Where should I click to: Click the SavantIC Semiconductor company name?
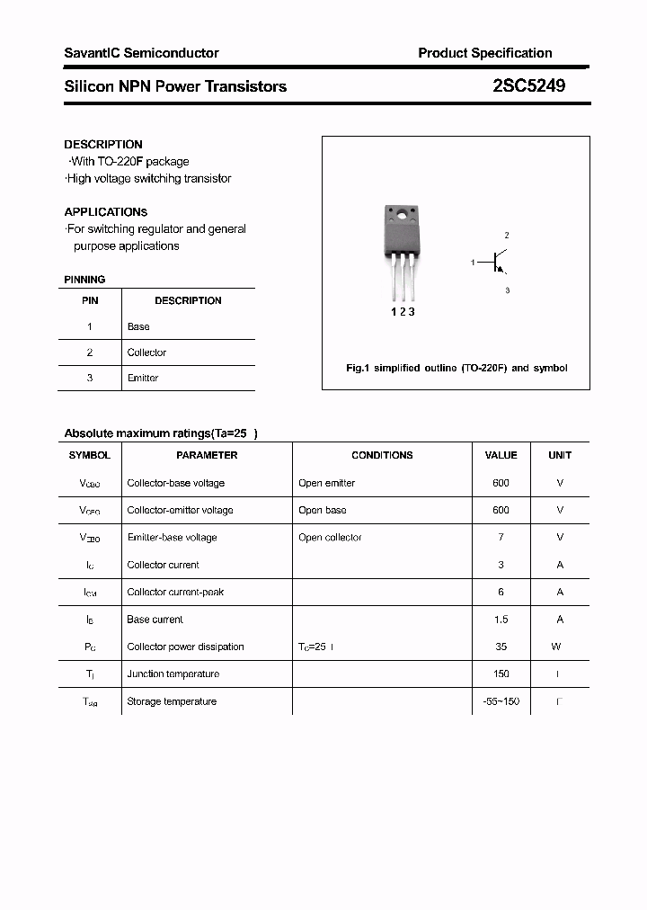coord(141,53)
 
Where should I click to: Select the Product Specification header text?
coord(484,53)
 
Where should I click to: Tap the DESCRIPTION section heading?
coord(103,144)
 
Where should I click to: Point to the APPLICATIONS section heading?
coord(106,212)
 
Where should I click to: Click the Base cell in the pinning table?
coord(138,326)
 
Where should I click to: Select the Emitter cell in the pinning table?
coord(143,378)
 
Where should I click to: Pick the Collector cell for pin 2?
coord(146,352)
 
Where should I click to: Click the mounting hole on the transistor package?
coord(402,213)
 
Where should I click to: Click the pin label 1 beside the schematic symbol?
coord(473,263)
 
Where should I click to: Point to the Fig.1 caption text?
coord(456,368)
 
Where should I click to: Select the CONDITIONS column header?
coord(382,455)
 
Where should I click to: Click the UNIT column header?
coord(560,455)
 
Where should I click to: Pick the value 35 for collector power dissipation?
coord(501,647)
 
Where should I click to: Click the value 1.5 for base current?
coord(501,620)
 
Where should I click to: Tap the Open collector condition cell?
coord(330,538)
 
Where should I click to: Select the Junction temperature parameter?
coord(173,674)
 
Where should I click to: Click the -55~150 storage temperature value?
coord(501,701)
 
